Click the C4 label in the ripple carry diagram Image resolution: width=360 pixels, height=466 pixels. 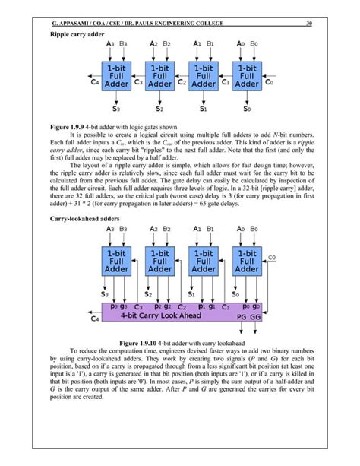point(94,81)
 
